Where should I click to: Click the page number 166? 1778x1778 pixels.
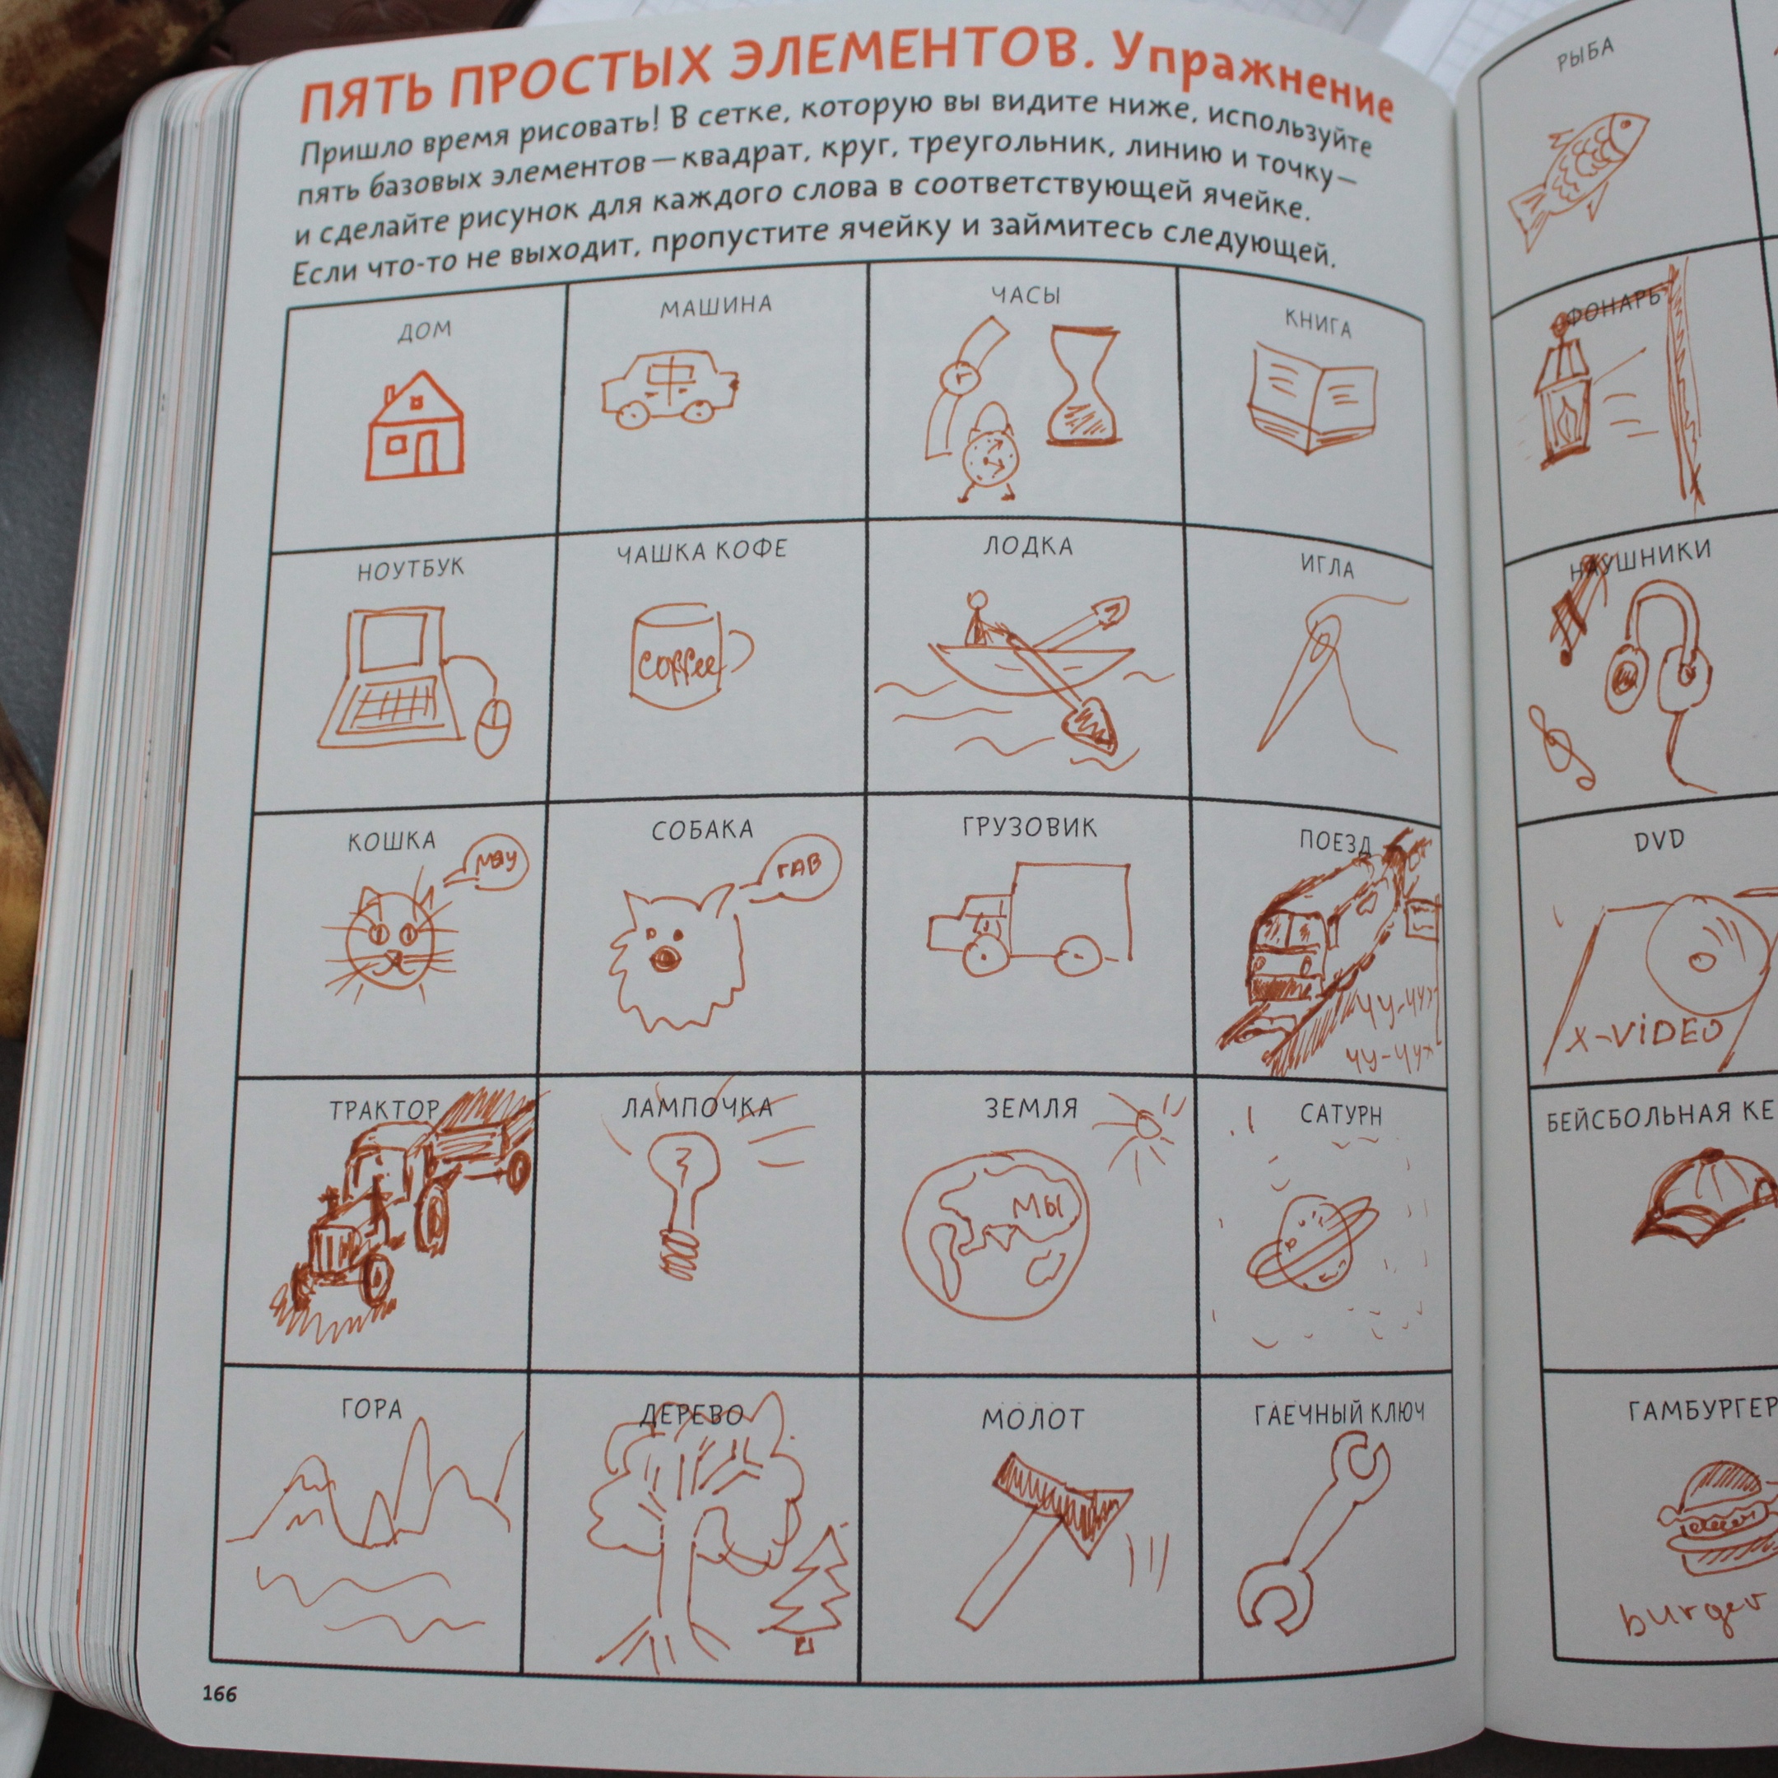pos(220,1693)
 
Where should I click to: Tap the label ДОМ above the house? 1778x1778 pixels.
pos(424,329)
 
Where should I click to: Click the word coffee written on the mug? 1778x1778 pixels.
pos(677,663)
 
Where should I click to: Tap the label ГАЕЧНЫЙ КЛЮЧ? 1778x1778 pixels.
pos(1339,1414)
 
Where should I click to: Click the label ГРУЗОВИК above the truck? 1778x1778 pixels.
pos(1030,826)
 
